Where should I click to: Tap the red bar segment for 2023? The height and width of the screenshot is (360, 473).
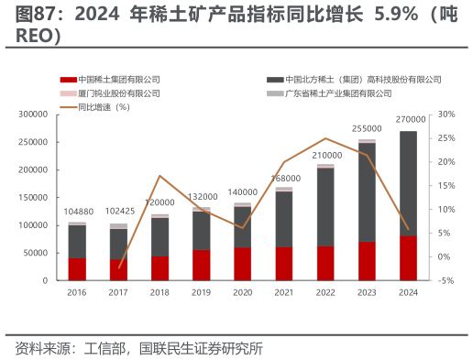(367, 261)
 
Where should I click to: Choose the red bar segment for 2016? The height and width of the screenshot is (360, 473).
(78, 269)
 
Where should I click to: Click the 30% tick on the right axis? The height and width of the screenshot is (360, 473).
(446, 115)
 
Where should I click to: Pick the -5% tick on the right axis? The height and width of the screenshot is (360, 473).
(446, 280)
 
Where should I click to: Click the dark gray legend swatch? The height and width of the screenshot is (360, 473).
(272, 80)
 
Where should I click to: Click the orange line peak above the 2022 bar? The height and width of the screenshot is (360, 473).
(325, 138)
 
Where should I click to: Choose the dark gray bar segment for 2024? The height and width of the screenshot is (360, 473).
(408, 183)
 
